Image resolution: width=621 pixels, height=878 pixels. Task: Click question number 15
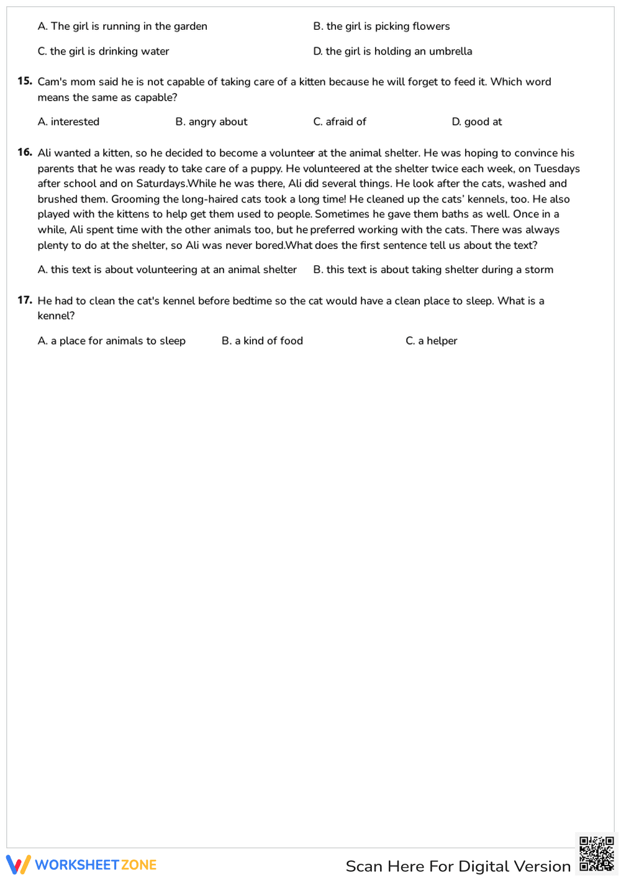pyautogui.click(x=25, y=81)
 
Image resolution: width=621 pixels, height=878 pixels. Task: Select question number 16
pyautogui.click(x=25, y=152)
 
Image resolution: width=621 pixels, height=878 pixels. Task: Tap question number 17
pyautogui.click(x=25, y=301)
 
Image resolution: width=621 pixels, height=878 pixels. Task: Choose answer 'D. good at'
pyautogui.click(x=476, y=122)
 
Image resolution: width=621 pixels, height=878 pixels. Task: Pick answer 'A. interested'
pyautogui.click(x=68, y=122)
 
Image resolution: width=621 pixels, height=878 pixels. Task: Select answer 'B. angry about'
pyautogui.click(x=211, y=122)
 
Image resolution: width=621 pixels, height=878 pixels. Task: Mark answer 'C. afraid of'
pyautogui.click(x=340, y=122)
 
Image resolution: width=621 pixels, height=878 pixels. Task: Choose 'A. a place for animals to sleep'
pyautogui.click(x=112, y=341)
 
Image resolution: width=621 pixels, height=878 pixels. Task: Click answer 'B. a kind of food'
pyautogui.click(x=262, y=341)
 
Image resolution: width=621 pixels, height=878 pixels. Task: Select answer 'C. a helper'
pyautogui.click(x=431, y=341)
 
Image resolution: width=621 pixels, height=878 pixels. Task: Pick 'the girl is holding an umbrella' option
pyautogui.click(x=392, y=52)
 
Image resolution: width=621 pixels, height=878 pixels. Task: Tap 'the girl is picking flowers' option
pyautogui.click(x=381, y=26)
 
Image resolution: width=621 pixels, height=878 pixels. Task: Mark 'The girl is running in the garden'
pyautogui.click(x=122, y=26)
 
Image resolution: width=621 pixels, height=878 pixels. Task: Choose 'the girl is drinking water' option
pyautogui.click(x=103, y=52)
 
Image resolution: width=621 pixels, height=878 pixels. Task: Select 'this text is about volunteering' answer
pyautogui.click(x=167, y=269)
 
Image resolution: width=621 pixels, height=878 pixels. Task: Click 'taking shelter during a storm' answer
pyautogui.click(x=433, y=269)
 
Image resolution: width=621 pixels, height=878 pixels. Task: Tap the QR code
pyautogui.click(x=596, y=854)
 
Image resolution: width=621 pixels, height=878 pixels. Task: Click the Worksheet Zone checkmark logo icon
pyautogui.click(x=18, y=864)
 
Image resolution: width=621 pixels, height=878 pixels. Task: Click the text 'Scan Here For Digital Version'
pyautogui.click(x=458, y=866)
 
